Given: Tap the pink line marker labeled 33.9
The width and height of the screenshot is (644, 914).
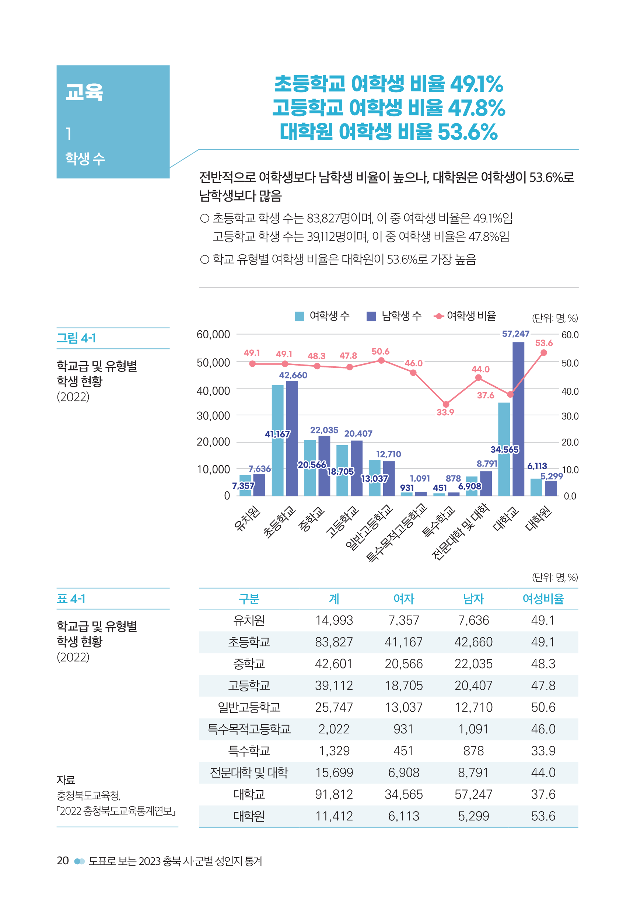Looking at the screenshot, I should pos(446,404).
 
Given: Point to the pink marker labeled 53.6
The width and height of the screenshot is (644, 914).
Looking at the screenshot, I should pos(544,353).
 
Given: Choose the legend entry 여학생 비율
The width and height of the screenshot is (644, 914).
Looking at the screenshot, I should pos(465,316).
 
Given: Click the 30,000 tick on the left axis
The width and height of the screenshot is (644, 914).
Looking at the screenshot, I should pos(213,416).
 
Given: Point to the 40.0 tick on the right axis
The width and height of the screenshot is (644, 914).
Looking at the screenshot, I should pos(570,392).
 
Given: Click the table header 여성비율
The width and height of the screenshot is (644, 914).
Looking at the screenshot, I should pos(543,599).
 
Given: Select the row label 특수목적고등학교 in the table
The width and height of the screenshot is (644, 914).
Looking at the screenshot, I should pos(249,729).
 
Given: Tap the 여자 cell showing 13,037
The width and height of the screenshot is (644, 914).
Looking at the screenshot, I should pos(403,707).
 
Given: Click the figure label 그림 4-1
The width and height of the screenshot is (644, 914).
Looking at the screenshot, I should pos(76,338).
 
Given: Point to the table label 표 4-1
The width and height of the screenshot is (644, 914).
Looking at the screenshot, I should pos(71,599).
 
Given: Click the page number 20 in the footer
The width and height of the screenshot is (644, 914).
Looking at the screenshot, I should pos(63,861).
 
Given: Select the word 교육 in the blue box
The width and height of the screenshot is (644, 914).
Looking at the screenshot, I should pos(84,92).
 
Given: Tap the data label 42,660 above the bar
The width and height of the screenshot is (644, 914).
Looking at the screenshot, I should pos(293,375).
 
